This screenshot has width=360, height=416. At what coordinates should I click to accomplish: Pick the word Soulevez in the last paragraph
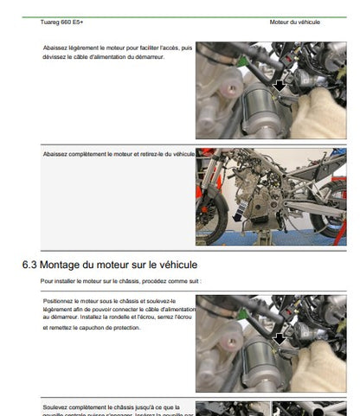tap(59, 405)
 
